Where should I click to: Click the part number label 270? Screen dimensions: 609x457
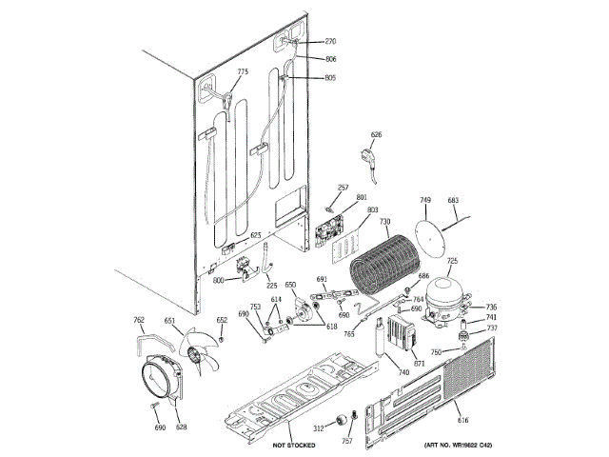331,42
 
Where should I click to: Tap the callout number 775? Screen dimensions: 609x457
242,72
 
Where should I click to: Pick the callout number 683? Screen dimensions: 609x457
453,201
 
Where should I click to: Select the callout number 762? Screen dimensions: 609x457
138,320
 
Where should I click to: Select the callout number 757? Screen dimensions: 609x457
346,442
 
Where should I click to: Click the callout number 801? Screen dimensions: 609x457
361,197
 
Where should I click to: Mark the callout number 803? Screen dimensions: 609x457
372,209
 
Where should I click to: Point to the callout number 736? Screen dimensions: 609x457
491,307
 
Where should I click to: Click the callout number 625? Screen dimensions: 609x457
255,235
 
